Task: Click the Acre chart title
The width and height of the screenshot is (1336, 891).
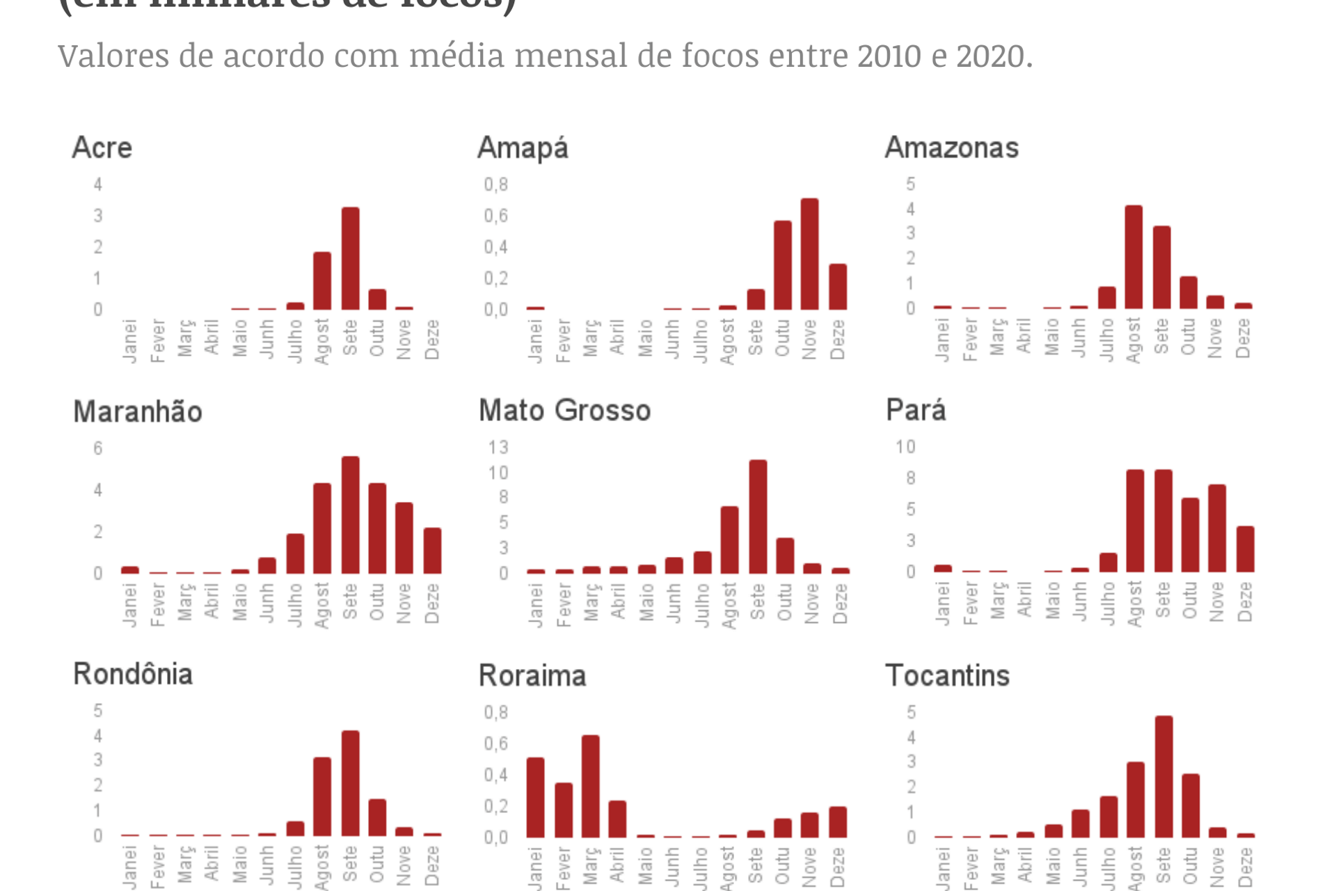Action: point(102,148)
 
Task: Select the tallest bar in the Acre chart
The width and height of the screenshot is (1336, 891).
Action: point(350,258)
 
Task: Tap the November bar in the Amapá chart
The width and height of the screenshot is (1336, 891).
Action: point(809,254)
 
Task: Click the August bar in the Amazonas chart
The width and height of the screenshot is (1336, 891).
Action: point(1134,257)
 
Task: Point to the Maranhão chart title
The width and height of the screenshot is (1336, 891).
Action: point(138,411)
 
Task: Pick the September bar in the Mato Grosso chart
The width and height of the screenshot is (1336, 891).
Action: point(758,517)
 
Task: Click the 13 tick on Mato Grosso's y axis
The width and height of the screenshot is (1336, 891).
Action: point(498,448)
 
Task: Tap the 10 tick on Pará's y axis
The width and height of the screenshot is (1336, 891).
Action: point(905,447)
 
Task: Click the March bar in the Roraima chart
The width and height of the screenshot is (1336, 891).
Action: point(591,786)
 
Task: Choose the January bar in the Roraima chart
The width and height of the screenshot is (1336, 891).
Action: point(535,797)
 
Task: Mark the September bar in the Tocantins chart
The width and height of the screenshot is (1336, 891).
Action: point(1163,776)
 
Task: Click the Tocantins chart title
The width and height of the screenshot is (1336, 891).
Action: point(947,675)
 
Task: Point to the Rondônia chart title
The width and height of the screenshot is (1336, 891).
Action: point(133,674)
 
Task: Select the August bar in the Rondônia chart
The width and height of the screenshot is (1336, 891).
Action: point(322,796)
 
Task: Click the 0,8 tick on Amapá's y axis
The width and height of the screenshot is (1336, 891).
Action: point(496,184)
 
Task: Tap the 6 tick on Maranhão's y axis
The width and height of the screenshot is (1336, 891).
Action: point(98,448)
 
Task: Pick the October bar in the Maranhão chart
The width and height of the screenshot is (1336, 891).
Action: point(377,528)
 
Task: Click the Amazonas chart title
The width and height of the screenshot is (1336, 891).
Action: point(951,148)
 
